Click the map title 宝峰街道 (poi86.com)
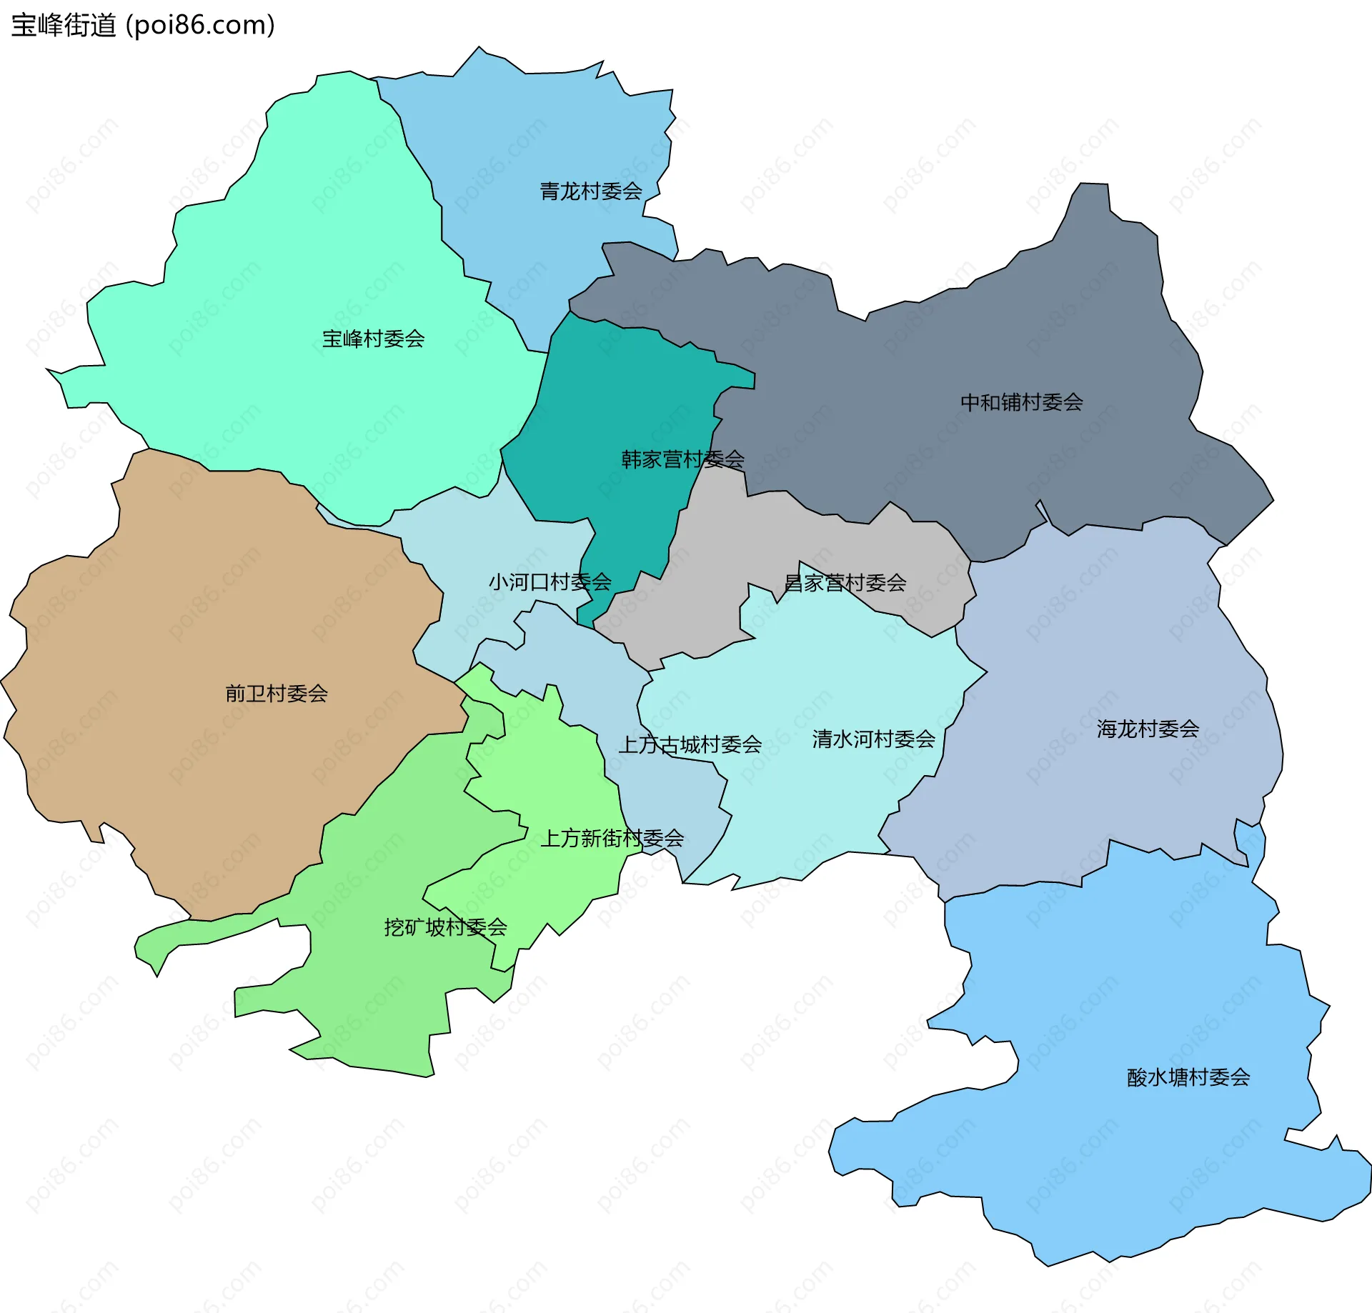(x=143, y=26)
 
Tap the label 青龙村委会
(x=590, y=191)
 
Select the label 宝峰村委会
(x=373, y=339)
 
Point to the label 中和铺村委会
(x=1021, y=402)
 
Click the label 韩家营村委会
(x=682, y=459)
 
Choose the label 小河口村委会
(x=550, y=582)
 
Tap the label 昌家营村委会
(x=845, y=583)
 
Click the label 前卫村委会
(x=276, y=693)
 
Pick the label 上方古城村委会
(x=690, y=745)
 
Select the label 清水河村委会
(x=873, y=739)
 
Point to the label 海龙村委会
(x=1148, y=729)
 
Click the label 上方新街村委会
(x=612, y=838)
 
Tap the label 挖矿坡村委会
(x=445, y=927)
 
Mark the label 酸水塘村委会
(x=1188, y=1077)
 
